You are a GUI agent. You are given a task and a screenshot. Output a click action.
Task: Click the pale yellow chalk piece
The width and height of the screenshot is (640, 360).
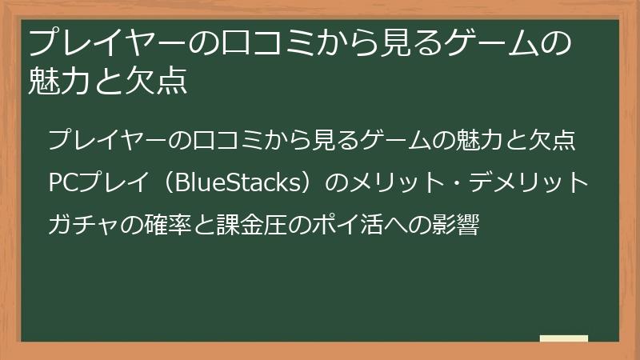point(563,339)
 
